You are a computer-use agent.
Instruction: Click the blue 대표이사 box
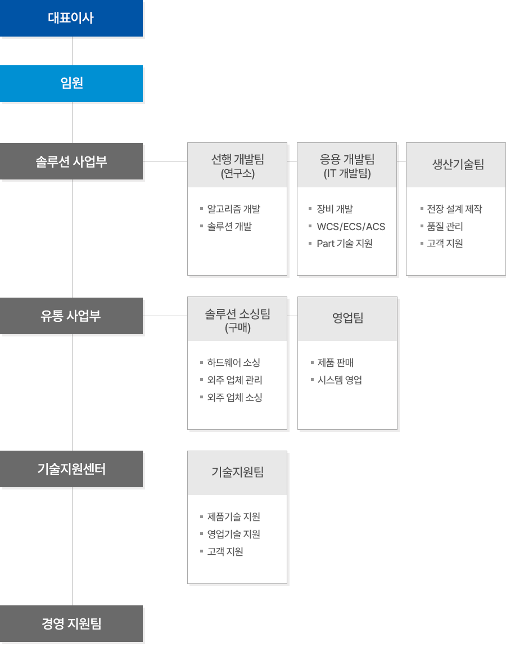(x=71, y=19)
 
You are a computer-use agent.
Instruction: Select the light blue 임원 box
(x=71, y=83)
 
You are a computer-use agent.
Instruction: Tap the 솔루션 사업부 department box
(x=71, y=161)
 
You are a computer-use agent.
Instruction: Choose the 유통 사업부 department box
(x=71, y=316)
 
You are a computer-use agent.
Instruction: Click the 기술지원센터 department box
(x=71, y=469)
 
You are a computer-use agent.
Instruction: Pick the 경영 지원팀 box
(x=71, y=623)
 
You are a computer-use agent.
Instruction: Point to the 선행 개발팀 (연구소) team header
(x=237, y=165)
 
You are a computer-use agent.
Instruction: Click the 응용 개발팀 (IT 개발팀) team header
(x=347, y=165)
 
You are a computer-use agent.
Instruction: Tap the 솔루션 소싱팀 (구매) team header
(x=237, y=320)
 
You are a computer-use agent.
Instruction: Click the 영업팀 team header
(x=347, y=318)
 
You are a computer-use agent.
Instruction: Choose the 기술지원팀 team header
(x=237, y=473)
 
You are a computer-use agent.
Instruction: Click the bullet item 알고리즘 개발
(x=233, y=209)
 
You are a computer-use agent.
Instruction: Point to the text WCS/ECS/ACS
(x=351, y=227)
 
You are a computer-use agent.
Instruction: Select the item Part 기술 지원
(x=344, y=244)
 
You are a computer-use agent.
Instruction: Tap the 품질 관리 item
(x=445, y=227)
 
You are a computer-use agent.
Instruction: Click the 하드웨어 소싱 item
(x=233, y=363)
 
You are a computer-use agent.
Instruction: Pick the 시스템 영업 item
(x=340, y=380)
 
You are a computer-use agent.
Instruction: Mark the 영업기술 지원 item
(x=233, y=534)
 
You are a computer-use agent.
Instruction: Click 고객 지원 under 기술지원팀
(x=225, y=552)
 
